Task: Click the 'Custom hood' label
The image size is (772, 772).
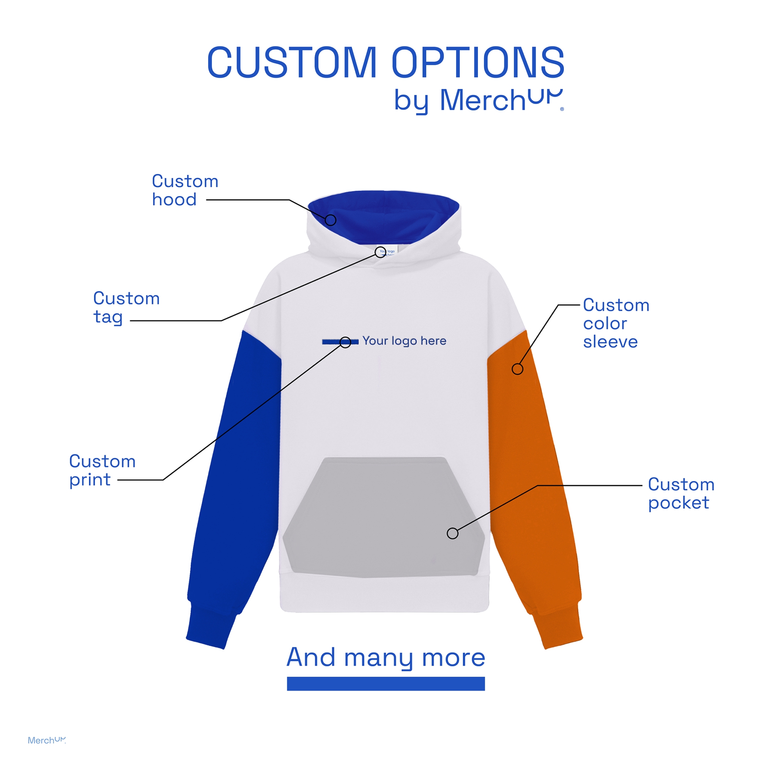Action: pos(185,190)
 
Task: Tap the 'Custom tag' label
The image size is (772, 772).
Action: pos(126,307)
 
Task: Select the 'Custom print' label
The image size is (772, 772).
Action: pos(102,470)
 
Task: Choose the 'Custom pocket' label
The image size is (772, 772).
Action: pos(681,493)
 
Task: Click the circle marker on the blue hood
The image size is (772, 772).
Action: pos(331,220)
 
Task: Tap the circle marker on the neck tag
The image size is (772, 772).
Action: pos(380,252)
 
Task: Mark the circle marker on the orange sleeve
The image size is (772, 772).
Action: pos(518,369)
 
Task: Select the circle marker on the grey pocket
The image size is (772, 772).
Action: pos(452,533)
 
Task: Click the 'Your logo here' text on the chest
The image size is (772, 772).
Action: pos(404,341)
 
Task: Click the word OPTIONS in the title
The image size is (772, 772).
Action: pos(478,63)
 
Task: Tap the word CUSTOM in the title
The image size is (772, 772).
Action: pos(292,63)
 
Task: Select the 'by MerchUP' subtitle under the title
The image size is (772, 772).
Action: pos(478,100)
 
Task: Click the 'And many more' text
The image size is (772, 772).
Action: pos(386,657)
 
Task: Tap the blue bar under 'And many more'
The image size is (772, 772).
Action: pos(386,684)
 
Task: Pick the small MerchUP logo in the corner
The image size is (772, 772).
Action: pos(46,740)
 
